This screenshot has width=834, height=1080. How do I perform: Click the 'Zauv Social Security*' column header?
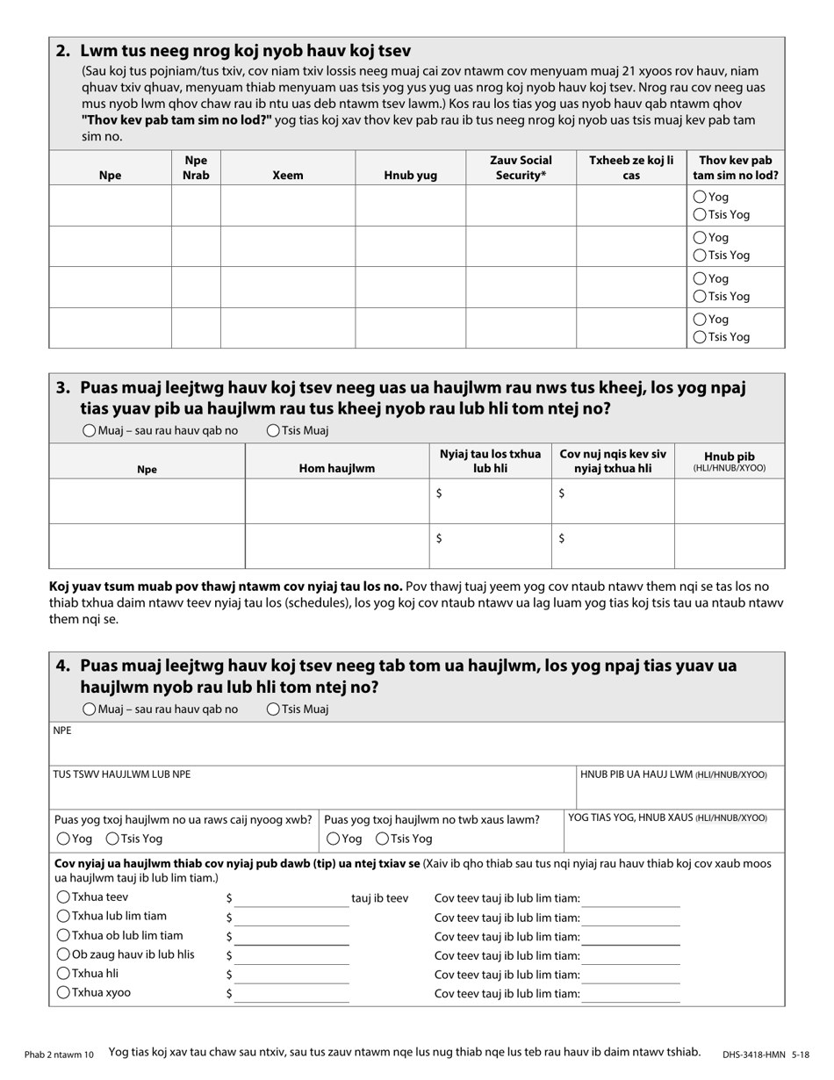coord(521,168)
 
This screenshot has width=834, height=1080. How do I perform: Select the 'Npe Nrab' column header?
coord(196,168)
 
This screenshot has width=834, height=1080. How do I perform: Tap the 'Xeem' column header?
coord(287,176)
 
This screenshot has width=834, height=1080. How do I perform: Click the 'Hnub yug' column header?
coord(410,176)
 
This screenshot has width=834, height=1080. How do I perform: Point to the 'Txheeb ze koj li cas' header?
coord(630,168)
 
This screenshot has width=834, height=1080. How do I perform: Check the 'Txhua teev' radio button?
coord(63,897)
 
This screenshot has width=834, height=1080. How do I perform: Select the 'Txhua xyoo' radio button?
coord(63,993)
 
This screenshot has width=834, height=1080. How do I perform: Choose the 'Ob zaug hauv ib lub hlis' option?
coord(63,954)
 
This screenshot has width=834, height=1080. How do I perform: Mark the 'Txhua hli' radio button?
coord(63,974)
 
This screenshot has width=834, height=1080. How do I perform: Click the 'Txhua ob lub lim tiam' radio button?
coord(63,936)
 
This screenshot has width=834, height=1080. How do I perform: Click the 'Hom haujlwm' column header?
coord(336,469)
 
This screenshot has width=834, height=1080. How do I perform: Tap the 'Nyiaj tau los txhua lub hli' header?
coord(490,461)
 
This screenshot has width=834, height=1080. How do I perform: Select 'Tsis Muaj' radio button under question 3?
coord(273,431)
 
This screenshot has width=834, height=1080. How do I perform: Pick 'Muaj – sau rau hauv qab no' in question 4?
coord(90,709)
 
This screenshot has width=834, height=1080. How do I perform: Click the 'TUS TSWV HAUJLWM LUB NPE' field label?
coord(122,774)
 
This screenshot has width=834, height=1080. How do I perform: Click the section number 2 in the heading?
coord(62,51)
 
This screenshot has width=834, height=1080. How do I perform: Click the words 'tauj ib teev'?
coord(379,898)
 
